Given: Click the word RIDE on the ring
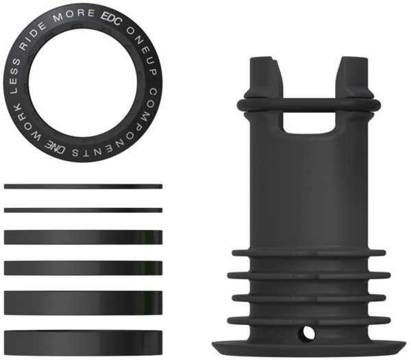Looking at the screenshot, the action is pos(32,36).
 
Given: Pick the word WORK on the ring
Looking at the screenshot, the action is pos(25,124).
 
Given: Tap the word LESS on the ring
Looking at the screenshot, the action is pos(15,76).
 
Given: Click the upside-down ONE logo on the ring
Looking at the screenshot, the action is pos(55,147).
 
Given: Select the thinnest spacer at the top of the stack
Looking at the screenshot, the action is pos(83,186).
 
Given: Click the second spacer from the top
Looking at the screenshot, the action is pos(83,210).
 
